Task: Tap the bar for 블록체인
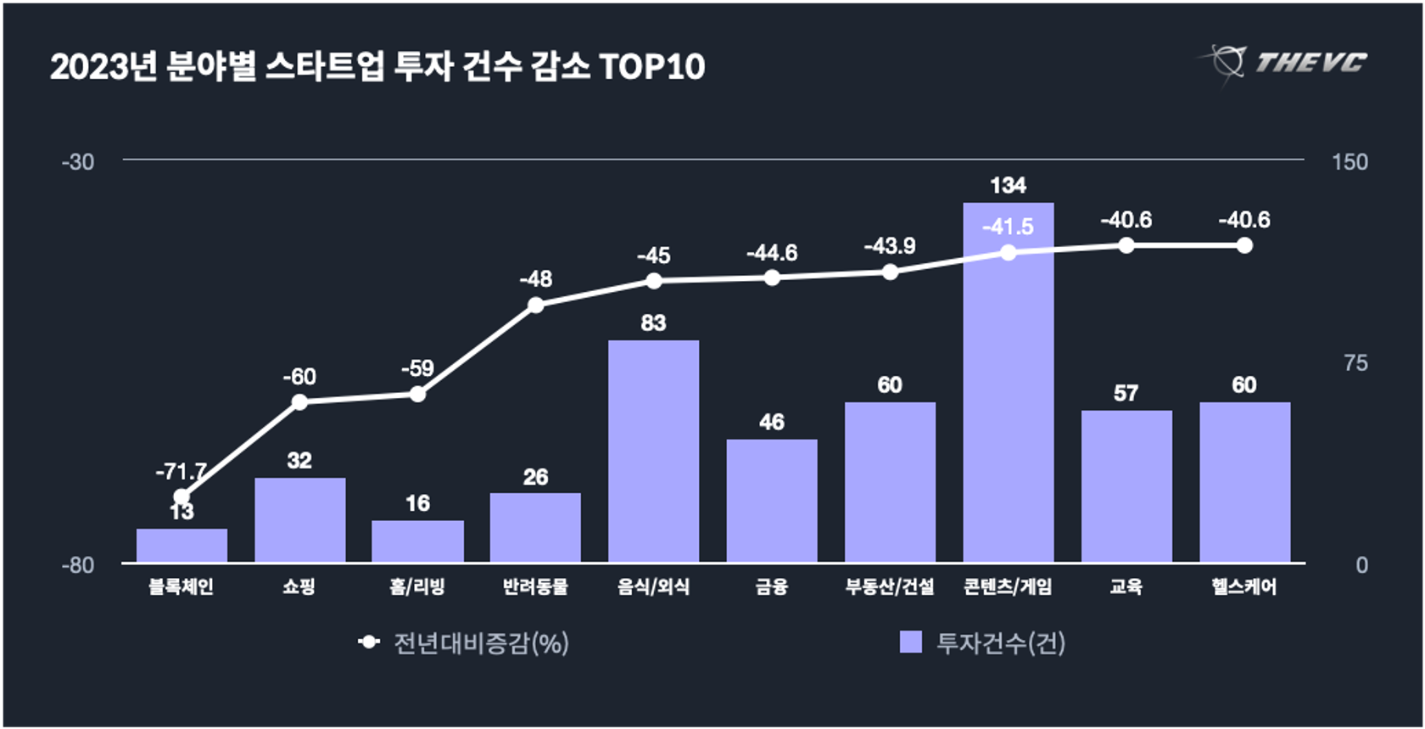coord(182,546)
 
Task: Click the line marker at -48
coord(535,305)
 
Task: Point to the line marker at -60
coord(299,402)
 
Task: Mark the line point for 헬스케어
coord(1243,245)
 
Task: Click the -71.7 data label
coord(182,471)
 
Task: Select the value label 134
coord(1008,185)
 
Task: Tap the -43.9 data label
coord(889,246)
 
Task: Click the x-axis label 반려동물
coord(535,586)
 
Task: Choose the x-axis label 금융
coord(771,586)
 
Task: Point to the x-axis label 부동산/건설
coord(889,586)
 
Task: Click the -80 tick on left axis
coord(78,565)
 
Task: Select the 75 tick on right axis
coord(1355,363)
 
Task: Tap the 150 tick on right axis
coord(1350,162)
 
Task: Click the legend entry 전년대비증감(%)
coord(480,643)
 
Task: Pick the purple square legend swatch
coord(910,642)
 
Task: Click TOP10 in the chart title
coord(651,67)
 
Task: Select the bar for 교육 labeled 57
coord(1126,485)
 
